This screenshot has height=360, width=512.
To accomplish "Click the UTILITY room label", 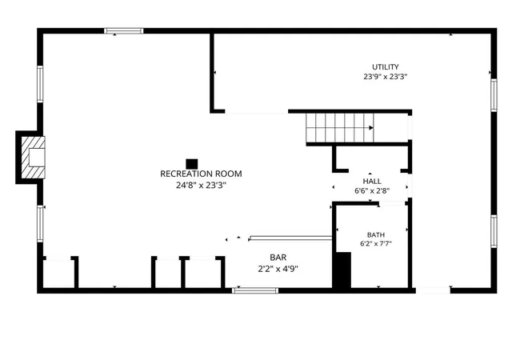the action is pos(386,67).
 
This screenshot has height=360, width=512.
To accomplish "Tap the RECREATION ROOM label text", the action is pos(201,174).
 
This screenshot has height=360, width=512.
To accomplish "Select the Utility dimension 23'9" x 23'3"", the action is pos(386,77).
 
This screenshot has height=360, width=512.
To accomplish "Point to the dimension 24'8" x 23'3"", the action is pos(201,186).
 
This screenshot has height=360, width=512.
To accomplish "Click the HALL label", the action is pos(372,182).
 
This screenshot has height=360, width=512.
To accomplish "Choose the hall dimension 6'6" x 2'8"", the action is pos(372,190).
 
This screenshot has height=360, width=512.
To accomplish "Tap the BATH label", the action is pos(376,235).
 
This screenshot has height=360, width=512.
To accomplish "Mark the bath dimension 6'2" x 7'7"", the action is pos(376,243).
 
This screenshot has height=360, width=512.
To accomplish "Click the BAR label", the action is pos(278,258).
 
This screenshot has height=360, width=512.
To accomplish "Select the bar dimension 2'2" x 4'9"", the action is pos(278,269).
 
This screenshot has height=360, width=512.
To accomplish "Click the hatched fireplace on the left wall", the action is pos(33,158).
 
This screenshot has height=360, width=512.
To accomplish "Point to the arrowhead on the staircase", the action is pos(371,128).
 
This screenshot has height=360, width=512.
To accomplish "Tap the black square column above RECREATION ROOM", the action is pos(192,164).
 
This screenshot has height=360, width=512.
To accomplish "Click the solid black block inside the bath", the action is pos(343,270).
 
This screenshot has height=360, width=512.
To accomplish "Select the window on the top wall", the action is pos(124,31).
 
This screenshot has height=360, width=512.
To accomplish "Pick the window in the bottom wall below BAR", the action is pos(255,290).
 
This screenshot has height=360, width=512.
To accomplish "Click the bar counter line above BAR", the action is pos(291,238).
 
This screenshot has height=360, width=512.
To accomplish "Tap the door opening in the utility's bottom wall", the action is pos(433,290).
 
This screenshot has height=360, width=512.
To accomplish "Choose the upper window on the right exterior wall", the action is pos(494,95).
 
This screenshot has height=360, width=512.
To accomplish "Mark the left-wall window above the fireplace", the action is pos(40,84).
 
